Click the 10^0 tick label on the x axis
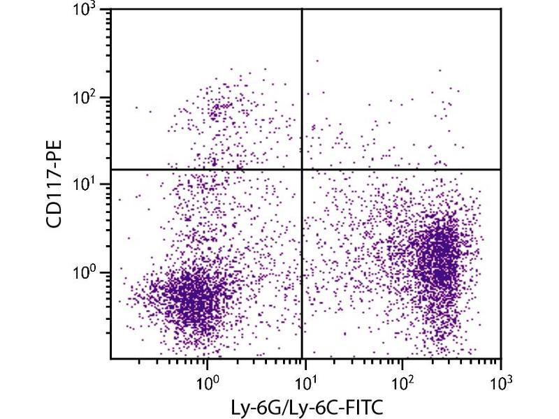coord(207,383)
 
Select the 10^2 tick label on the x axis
coord(402,383)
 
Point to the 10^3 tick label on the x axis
coord(500,383)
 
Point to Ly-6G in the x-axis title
coord(260,406)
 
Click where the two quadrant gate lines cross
coord(302,169)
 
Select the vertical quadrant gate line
coord(302,279)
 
